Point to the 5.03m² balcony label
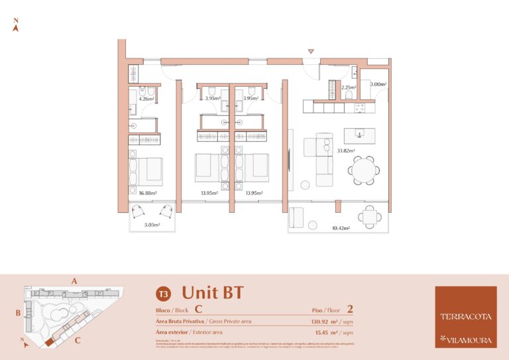tap(152, 225)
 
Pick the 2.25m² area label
tap(349, 88)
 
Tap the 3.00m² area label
tap(378, 84)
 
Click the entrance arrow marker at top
tap(310, 51)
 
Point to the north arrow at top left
tap(15, 25)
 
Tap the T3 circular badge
tap(162, 293)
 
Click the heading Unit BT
tap(212, 292)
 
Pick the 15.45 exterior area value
tap(325, 331)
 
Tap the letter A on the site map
tap(74, 281)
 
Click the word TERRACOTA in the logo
tap(466, 316)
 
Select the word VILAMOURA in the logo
tap(469, 339)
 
